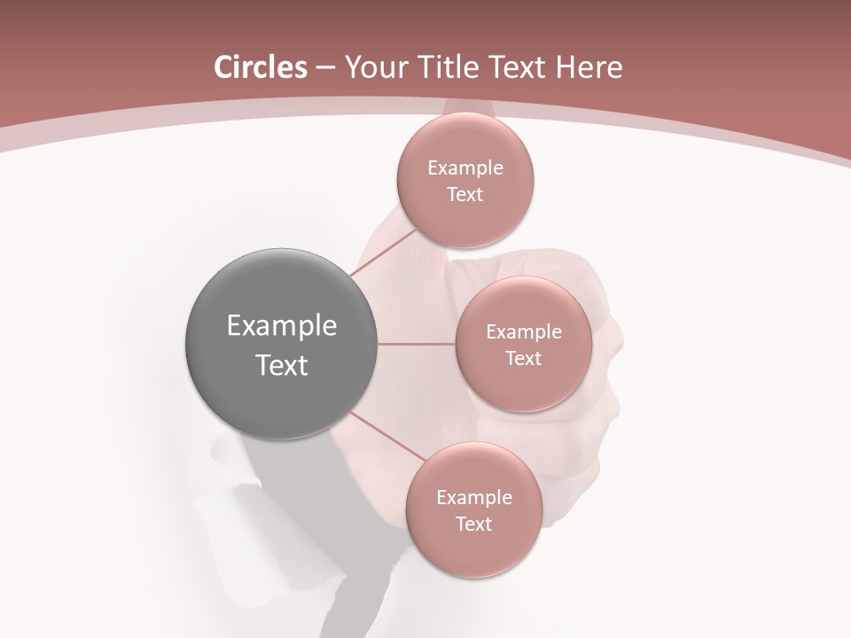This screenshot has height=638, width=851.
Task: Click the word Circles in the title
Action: coord(260,67)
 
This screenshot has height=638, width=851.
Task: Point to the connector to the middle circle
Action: coord(417,344)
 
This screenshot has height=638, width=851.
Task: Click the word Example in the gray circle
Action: coord(282,326)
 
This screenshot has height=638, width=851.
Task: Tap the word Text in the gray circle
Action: coord(282,365)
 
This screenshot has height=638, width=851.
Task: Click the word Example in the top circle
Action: coord(465,168)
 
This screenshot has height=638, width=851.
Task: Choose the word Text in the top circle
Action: coord(465,195)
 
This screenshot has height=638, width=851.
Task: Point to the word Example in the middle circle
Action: coord(523,332)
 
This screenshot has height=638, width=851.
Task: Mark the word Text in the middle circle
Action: coord(523,359)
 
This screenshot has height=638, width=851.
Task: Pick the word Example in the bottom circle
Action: coord(473,498)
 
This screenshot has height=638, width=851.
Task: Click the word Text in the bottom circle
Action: coord(473,525)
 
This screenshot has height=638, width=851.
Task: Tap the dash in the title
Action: coord(325,68)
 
